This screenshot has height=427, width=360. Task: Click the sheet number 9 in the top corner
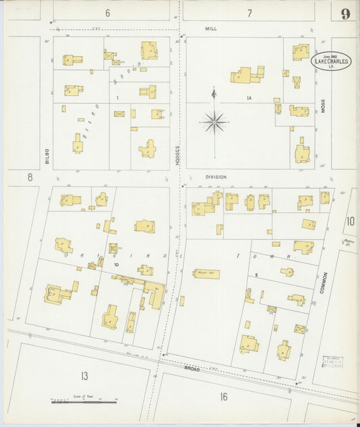tap(345, 14)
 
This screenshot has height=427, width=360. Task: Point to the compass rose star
tap(215, 122)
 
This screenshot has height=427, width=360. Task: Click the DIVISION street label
tap(216, 177)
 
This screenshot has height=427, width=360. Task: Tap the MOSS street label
tap(323, 106)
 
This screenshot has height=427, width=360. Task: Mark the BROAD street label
tap(193, 369)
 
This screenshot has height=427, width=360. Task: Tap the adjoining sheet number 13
tap(84, 376)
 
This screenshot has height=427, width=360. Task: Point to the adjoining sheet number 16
tap(223, 397)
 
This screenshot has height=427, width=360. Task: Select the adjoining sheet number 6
tap(107, 13)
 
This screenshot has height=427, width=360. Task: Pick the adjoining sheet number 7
tap(249, 13)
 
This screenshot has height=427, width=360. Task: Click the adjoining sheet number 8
tap(30, 177)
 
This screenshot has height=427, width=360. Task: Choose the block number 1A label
tap(249, 99)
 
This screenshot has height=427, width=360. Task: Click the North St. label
tap(349, 242)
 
